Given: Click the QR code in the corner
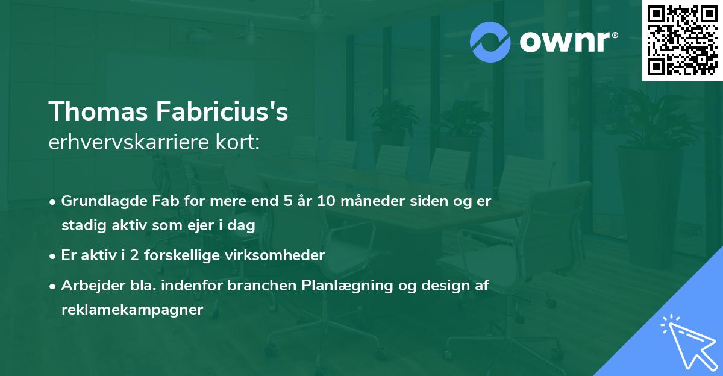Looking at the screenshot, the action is pyautogui.click(x=682, y=40).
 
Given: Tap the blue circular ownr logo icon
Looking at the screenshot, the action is pyautogui.click(x=490, y=42).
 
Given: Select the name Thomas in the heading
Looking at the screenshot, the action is pyautogui.click(x=98, y=111).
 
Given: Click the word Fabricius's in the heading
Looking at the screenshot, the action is pyautogui.click(x=222, y=111).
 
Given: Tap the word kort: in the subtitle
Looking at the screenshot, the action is pyautogui.click(x=237, y=142).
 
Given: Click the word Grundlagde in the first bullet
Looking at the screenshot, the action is pyautogui.click(x=104, y=201).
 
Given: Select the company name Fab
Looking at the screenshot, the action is pyautogui.click(x=166, y=201).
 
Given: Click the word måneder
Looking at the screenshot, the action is pyautogui.click(x=373, y=201).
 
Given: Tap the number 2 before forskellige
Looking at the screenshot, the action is pyautogui.click(x=134, y=255).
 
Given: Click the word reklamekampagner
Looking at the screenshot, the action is pyautogui.click(x=133, y=310).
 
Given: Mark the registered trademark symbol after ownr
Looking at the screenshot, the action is pyautogui.click(x=615, y=35).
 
